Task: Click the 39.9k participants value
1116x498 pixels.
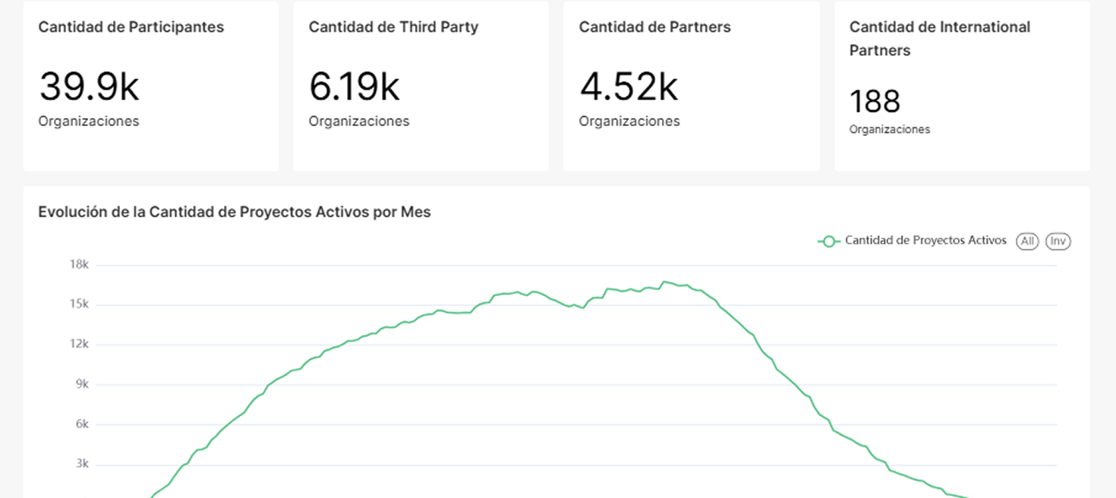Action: coord(89,87)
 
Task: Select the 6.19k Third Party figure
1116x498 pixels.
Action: coord(354,87)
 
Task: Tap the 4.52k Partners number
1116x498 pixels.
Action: coord(629,87)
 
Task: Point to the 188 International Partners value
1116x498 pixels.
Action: coord(875,102)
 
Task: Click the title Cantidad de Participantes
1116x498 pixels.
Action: coord(131,27)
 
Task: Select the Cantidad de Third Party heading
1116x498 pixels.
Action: coord(393,27)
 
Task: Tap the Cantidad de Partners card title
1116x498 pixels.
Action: coord(654,27)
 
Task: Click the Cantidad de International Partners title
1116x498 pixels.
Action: coord(939,38)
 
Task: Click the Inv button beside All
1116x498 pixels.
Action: coord(1058,241)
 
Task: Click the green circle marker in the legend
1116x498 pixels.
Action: coord(829,241)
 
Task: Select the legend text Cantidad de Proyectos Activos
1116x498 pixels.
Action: coord(925,241)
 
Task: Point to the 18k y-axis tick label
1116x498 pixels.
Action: coord(79,265)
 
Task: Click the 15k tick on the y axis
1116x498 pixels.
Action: coord(79,304)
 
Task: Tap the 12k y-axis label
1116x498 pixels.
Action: coord(79,345)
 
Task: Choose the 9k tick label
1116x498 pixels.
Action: coord(81,384)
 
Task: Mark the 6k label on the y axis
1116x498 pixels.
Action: coord(81,424)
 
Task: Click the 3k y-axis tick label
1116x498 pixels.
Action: coord(81,464)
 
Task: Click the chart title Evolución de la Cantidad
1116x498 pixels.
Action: coord(235,213)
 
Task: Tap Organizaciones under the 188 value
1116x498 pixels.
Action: coord(889,130)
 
